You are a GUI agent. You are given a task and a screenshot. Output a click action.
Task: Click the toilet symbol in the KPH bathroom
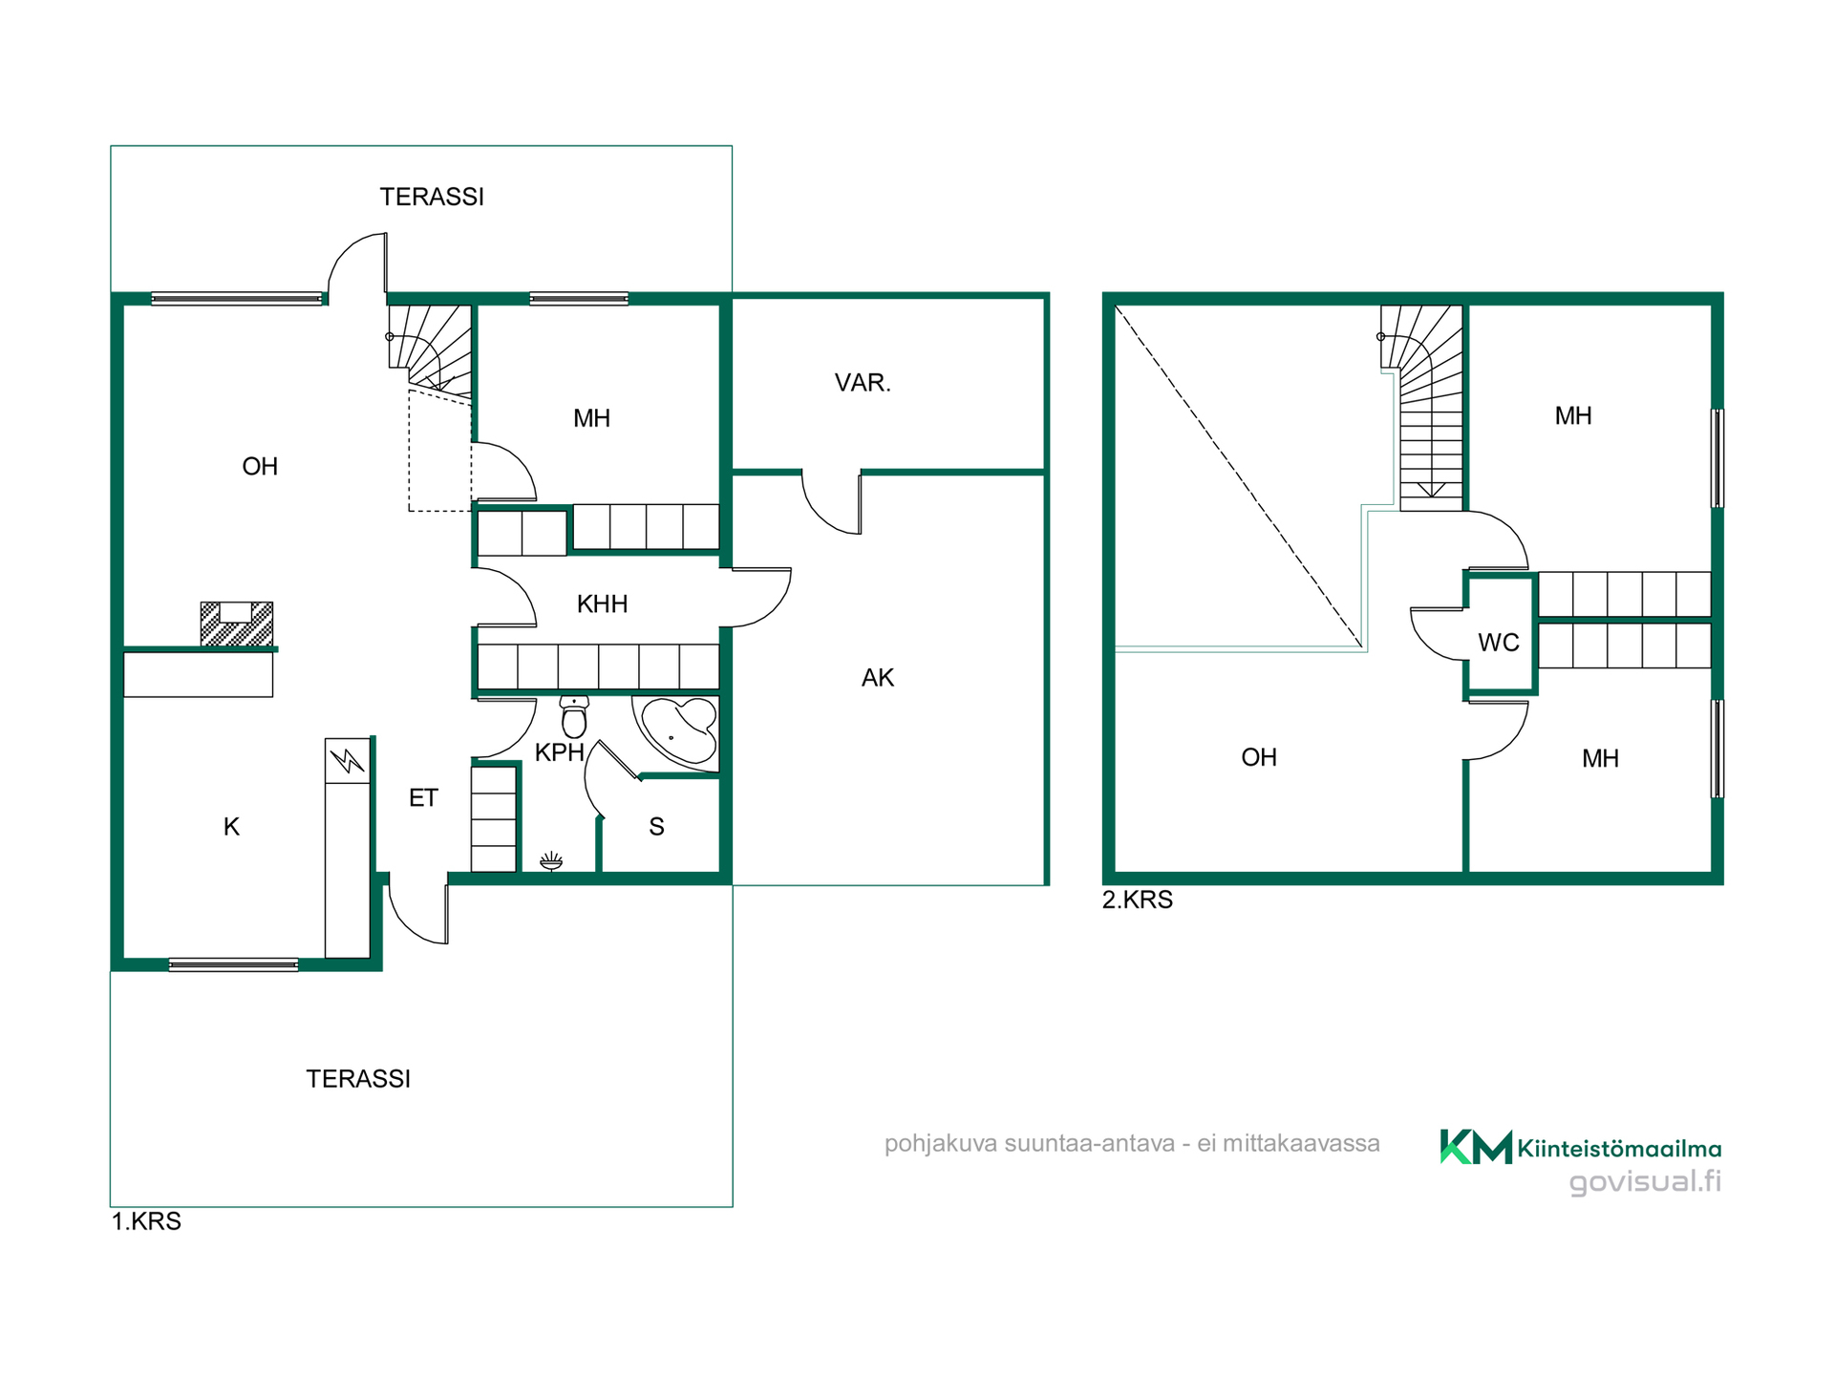click(x=574, y=717)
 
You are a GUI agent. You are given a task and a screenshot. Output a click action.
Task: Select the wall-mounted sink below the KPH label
click(x=551, y=862)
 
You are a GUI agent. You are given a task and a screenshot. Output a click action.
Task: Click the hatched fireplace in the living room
click(x=237, y=624)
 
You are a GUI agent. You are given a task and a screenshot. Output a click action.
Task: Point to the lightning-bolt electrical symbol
click(x=348, y=761)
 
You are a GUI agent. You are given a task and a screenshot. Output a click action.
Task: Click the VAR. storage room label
click(x=863, y=383)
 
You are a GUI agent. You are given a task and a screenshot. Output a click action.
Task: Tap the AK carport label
click(x=878, y=678)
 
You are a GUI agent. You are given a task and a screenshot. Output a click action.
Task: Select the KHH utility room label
click(x=603, y=603)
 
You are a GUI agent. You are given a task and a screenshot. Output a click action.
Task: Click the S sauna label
click(x=656, y=827)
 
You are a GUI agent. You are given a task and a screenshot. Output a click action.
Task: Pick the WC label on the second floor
click(x=1499, y=643)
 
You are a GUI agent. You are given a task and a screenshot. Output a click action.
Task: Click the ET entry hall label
click(x=423, y=797)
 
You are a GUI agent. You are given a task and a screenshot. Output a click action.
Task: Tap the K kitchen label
click(x=231, y=827)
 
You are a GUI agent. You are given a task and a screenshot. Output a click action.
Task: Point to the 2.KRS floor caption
click(x=1138, y=899)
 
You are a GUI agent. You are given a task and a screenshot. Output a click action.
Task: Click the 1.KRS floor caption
click(x=146, y=1221)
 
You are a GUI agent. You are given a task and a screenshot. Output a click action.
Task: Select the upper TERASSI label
click(x=432, y=197)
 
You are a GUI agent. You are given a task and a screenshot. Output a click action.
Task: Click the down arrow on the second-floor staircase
click(x=1431, y=490)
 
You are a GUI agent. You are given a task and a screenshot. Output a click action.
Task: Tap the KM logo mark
click(x=1476, y=1147)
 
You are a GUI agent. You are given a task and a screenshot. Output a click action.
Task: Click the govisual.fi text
click(x=1645, y=1182)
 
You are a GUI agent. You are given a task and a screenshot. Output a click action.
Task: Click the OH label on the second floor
click(x=1259, y=757)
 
